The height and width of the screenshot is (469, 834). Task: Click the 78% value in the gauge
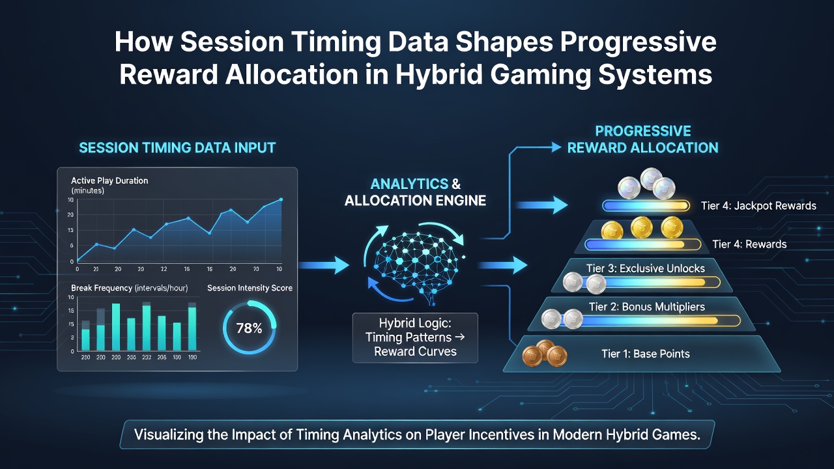click(249, 328)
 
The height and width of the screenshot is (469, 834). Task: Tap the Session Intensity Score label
click(250, 288)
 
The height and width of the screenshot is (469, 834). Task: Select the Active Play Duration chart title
click(109, 180)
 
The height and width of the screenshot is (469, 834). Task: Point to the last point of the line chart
click(281, 199)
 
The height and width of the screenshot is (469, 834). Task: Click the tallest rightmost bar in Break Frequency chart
click(192, 326)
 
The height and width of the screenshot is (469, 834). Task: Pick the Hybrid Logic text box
click(415, 337)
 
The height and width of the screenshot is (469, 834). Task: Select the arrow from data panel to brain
click(324, 265)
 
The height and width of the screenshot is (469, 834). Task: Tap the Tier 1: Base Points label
click(646, 354)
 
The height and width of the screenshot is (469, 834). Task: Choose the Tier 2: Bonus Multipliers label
click(647, 307)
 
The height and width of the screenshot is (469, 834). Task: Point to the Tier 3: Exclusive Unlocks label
click(645, 268)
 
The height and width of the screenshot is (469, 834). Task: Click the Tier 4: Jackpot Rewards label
click(758, 206)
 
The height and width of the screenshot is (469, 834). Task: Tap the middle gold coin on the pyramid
click(642, 227)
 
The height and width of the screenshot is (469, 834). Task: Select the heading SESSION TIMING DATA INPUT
click(177, 148)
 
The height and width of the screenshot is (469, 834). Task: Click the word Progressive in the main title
click(638, 42)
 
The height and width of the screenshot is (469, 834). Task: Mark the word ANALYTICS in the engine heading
click(409, 184)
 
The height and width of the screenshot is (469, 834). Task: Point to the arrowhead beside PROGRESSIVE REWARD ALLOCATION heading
click(556, 147)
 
